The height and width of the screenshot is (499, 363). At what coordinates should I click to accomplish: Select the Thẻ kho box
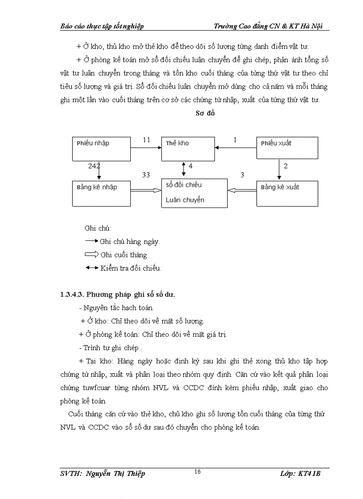point(188,148)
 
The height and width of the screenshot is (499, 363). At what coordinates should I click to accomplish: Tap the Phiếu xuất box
point(287,148)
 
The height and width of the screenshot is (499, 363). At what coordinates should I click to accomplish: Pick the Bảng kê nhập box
point(101,193)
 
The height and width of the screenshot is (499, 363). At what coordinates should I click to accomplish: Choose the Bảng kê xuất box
point(287,193)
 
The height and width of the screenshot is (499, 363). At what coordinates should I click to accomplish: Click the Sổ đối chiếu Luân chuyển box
point(194,193)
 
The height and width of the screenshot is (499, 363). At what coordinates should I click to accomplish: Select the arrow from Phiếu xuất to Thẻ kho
point(236,148)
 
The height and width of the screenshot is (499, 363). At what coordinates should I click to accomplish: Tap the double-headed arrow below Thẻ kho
point(184,169)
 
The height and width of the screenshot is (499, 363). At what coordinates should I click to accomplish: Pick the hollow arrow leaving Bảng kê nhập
point(145,190)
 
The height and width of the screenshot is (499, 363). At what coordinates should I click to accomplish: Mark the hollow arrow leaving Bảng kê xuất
point(242,190)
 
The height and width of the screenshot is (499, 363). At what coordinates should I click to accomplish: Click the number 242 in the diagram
point(94,166)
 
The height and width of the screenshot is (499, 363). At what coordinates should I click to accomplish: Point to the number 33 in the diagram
point(146,175)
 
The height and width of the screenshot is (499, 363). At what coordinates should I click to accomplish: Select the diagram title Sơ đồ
point(205,113)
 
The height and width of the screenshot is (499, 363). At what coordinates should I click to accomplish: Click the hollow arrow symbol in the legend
point(92,255)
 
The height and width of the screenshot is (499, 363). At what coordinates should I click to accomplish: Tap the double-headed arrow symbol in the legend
point(92,267)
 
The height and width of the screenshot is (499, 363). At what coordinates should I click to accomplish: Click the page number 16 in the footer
point(198,472)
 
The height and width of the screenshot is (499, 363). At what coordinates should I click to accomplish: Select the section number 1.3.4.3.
point(72,294)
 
